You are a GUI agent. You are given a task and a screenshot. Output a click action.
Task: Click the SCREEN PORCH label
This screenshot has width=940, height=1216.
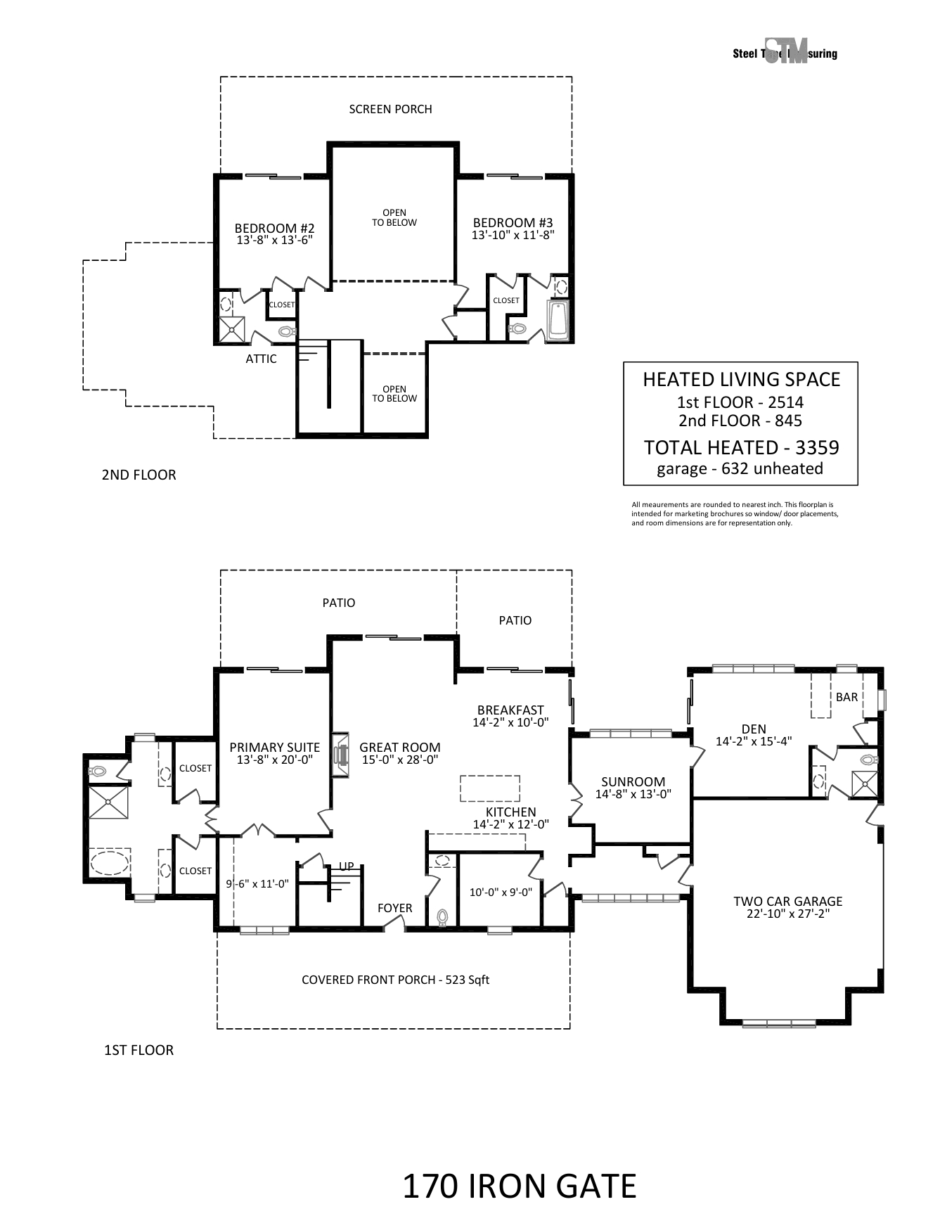390,109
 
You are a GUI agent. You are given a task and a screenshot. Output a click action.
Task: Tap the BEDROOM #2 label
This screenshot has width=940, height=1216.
274,229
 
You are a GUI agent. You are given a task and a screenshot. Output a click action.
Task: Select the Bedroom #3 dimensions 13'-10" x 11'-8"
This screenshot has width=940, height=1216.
513,236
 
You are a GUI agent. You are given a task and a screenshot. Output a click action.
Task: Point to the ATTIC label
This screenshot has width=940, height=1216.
261,359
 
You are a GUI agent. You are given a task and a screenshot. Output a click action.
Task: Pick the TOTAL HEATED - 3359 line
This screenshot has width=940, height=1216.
742,447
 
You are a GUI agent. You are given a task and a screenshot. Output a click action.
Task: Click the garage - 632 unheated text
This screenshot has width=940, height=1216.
740,468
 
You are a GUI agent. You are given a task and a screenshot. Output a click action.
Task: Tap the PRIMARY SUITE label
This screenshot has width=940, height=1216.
275,748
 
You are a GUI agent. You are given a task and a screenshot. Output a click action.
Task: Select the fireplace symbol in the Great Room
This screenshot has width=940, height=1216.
342,756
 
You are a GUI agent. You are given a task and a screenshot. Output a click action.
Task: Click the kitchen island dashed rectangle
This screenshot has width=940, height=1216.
490,788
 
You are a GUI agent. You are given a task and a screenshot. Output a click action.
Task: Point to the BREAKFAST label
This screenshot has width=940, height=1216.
510,710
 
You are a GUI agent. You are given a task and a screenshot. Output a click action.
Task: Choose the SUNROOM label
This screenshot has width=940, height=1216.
633,782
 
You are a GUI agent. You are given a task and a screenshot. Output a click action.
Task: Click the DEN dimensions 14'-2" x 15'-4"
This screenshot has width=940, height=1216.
754,741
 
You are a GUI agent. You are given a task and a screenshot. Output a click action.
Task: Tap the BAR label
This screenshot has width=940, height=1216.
846,697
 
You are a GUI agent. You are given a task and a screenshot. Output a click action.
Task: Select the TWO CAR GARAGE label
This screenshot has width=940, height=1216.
787,902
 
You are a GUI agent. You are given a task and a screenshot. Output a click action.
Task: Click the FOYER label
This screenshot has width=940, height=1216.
394,908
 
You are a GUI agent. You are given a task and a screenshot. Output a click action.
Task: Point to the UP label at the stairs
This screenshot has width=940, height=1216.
347,866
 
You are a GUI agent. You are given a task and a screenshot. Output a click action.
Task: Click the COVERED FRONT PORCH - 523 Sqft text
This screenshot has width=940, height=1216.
395,980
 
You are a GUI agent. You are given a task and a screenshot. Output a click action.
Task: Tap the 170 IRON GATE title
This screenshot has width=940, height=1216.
520,1186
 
